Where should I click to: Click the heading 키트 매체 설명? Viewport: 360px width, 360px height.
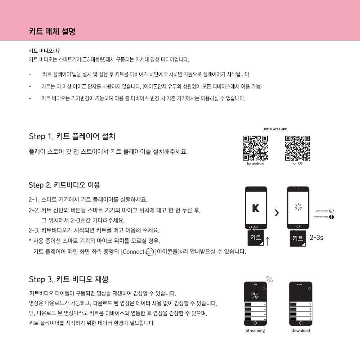coord(52,31)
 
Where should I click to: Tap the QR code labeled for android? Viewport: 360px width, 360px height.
coord(255,148)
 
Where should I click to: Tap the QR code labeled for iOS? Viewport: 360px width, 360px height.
coord(297,148)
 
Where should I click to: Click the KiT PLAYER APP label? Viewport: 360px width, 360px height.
coord(275,129)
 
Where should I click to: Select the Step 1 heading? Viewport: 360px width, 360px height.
coord(72,136)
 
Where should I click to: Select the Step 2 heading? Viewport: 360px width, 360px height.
coord(64,185)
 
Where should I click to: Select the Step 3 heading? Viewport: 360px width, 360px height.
coord(68,279)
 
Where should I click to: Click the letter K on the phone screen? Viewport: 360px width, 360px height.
coord(256,208)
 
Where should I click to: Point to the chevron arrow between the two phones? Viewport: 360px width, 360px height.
coord(276,213)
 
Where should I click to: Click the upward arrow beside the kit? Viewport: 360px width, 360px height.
coord(268,240)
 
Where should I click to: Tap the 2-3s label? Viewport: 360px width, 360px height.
coord(316,238)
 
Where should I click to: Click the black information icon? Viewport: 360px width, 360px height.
coord(332,217)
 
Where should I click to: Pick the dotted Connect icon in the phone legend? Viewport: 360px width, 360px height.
coord(332,211)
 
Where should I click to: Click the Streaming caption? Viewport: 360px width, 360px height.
coord(255,330)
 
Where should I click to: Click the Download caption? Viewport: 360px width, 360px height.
coord(301,330)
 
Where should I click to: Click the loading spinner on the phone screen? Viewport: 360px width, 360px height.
coord(298,207)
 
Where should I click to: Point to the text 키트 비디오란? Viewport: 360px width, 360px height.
coord(44,51)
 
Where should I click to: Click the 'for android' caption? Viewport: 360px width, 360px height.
coord(256,163)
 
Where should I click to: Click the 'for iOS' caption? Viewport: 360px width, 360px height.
coord(297,163)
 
